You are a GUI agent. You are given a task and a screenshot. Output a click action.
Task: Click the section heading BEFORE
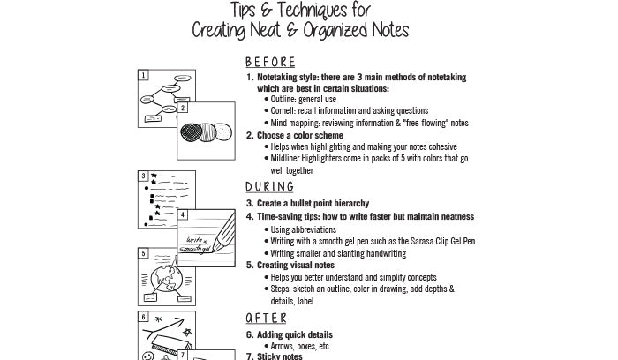[x=269, y=63]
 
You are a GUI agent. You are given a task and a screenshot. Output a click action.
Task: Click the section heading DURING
[x=269, y=187]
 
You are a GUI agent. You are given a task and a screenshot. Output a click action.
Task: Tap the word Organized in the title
[x=335, y=30]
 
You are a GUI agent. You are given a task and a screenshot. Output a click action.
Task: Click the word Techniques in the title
[x=302, y=10]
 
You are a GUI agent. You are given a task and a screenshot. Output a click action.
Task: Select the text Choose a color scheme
[x=300, y=136]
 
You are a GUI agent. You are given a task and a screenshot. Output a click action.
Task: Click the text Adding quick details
[x=294, y=335]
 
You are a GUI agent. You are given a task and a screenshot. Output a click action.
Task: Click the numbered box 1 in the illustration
[x=143, y=76]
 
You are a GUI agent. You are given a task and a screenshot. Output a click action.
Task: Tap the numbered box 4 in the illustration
[x=182, y=214]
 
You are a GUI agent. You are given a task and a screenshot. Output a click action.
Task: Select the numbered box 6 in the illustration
[x=143, y=316]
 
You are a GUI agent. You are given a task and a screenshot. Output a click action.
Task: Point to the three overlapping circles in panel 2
[x=206, y=131]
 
